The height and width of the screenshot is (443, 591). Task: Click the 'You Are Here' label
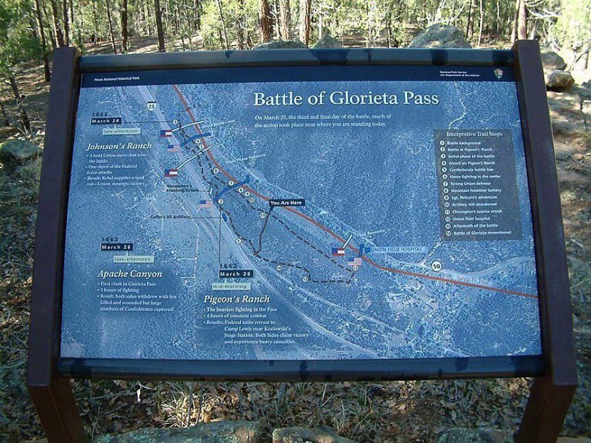(x=286, y=202)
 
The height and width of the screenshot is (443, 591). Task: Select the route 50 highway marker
(x=436, y=266)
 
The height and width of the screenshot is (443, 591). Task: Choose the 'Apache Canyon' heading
(x=129, y=273)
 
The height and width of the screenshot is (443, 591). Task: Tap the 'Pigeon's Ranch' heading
(x=236, y=299)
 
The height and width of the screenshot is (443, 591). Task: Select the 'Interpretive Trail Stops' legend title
(x=477, y=134)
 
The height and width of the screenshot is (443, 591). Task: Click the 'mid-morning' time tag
(x=231, y=286)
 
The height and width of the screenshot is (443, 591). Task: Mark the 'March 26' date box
(x=116, y=247)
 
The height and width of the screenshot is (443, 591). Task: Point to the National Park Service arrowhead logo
(x=498, y=73)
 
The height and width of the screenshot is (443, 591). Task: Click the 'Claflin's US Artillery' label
(x=171, y=217)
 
